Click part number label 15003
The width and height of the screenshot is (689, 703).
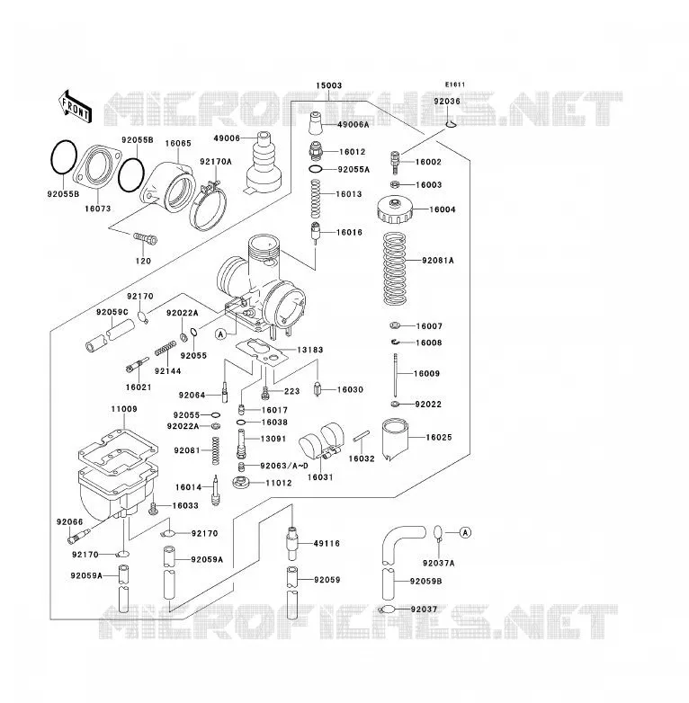point(329,85)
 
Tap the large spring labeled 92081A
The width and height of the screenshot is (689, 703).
point(394,269)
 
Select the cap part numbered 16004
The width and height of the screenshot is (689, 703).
point(394,209)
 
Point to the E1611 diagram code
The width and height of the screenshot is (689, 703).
point(455,85)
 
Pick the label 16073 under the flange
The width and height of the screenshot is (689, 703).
point(98,209)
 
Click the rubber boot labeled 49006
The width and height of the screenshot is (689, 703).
point(264,163)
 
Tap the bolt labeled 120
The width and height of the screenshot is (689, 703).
point(146,238)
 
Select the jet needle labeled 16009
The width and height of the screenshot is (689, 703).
point(395,375)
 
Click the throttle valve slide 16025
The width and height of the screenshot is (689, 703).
point(395,439)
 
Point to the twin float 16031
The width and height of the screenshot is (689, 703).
point(321,441)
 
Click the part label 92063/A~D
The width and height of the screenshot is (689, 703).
point(284,466)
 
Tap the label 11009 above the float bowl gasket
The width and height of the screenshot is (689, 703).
point(124,409)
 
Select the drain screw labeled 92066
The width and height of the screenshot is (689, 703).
point(78,535)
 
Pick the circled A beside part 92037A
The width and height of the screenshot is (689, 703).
point(466,532)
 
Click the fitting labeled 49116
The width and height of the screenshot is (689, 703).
point(292,543)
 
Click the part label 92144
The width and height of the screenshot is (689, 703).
point(168,370)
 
